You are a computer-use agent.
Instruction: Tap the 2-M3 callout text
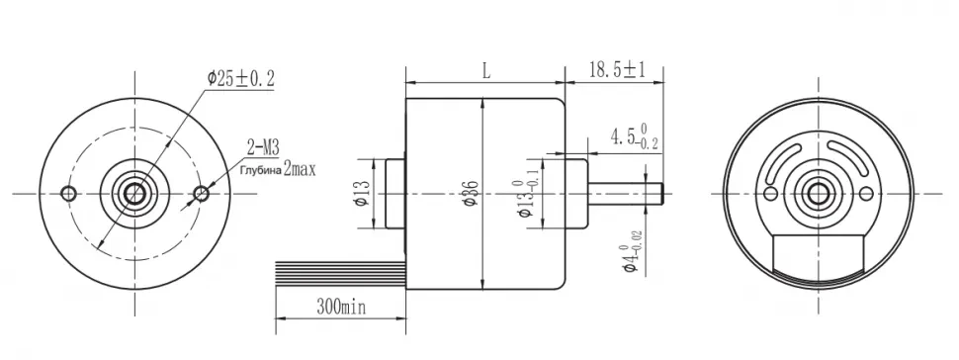click(x=264, y=147)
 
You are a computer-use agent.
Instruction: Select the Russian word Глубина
click(x=259, y=169)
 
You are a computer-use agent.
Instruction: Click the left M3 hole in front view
click(x=69, y=194)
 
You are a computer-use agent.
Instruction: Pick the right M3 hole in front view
click(x=202, y=194)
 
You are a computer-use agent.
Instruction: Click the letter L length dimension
click(x=486, y=71)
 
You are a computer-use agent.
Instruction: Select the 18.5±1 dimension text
click(x=617, y=69)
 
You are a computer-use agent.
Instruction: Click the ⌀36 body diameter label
click(x=471, y=193)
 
